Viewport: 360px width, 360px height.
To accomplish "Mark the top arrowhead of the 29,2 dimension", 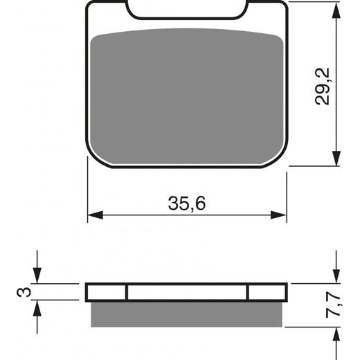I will [x=336, y=7].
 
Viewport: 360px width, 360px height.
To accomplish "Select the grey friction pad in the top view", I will [x=188, y=97].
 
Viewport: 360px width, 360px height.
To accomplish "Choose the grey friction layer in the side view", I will [x=188, y=314].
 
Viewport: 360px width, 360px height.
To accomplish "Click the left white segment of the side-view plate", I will [x=107, y=291].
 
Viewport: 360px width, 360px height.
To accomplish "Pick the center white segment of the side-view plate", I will [x=188, y=291].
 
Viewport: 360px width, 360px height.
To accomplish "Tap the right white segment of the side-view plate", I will [x=267, y=291].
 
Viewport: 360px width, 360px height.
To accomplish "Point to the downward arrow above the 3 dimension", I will [x=38, y=276].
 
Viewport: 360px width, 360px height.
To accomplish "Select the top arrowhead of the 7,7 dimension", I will [x=336, y=276].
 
